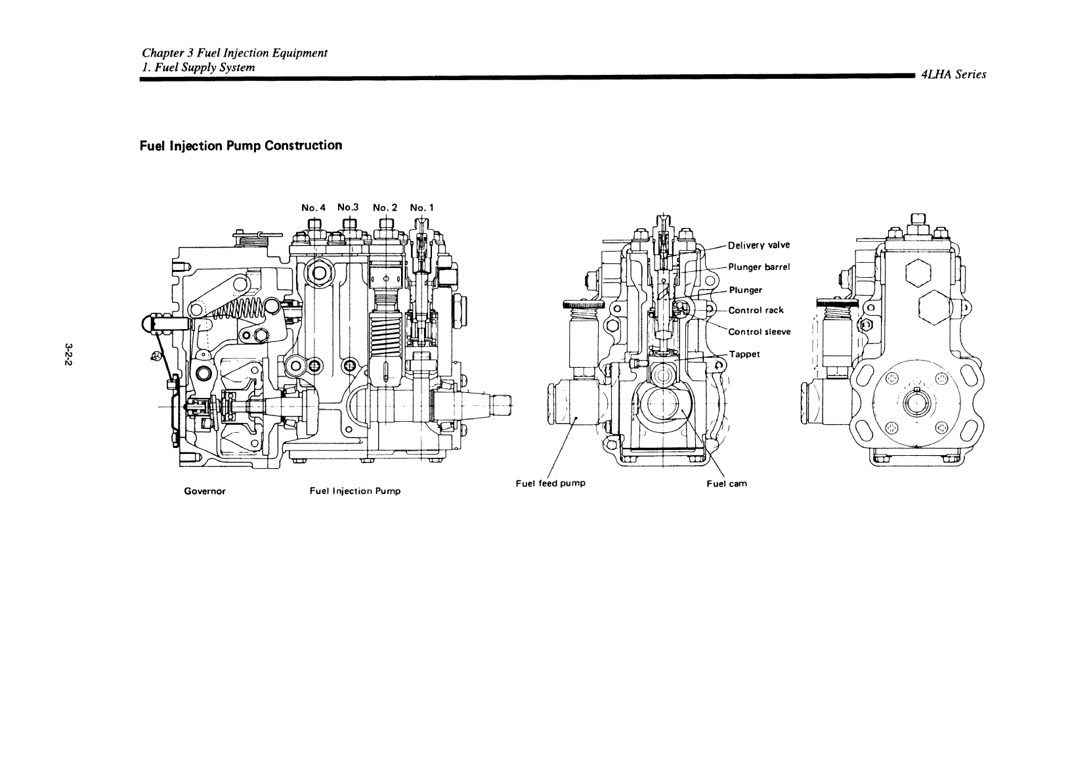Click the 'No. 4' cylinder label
click(313, 208)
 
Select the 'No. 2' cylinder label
click(385, 208)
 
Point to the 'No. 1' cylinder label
click(421, 208)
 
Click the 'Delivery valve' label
click(759, 246)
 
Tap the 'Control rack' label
click(756, 311)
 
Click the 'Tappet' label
click(744, 354)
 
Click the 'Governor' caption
click(205, 491)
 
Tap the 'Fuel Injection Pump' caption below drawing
click(354, 491)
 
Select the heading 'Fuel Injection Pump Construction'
click(241, 145)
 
